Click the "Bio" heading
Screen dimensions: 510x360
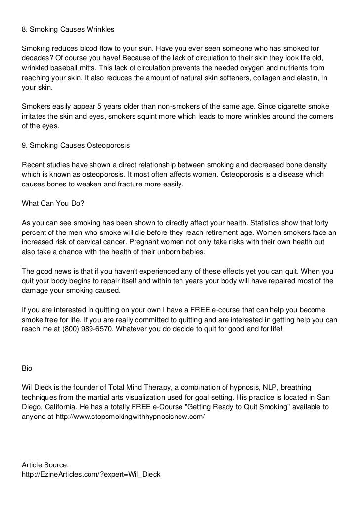click(x=28, y=368)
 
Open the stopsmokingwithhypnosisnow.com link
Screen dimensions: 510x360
click(x=131, y=417)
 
